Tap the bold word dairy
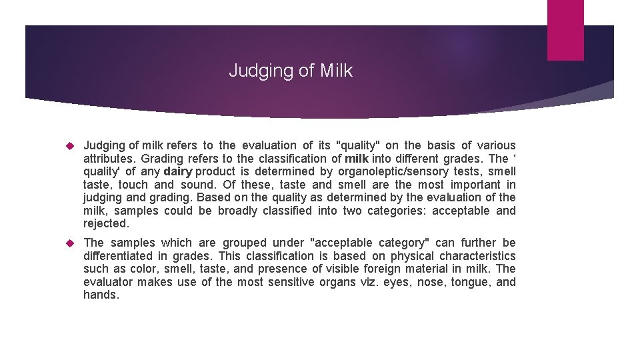(x=177, y=171)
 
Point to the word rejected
(x=105, y=223)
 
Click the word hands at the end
(x=100, y=295)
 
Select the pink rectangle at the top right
(x=565, y=30)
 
